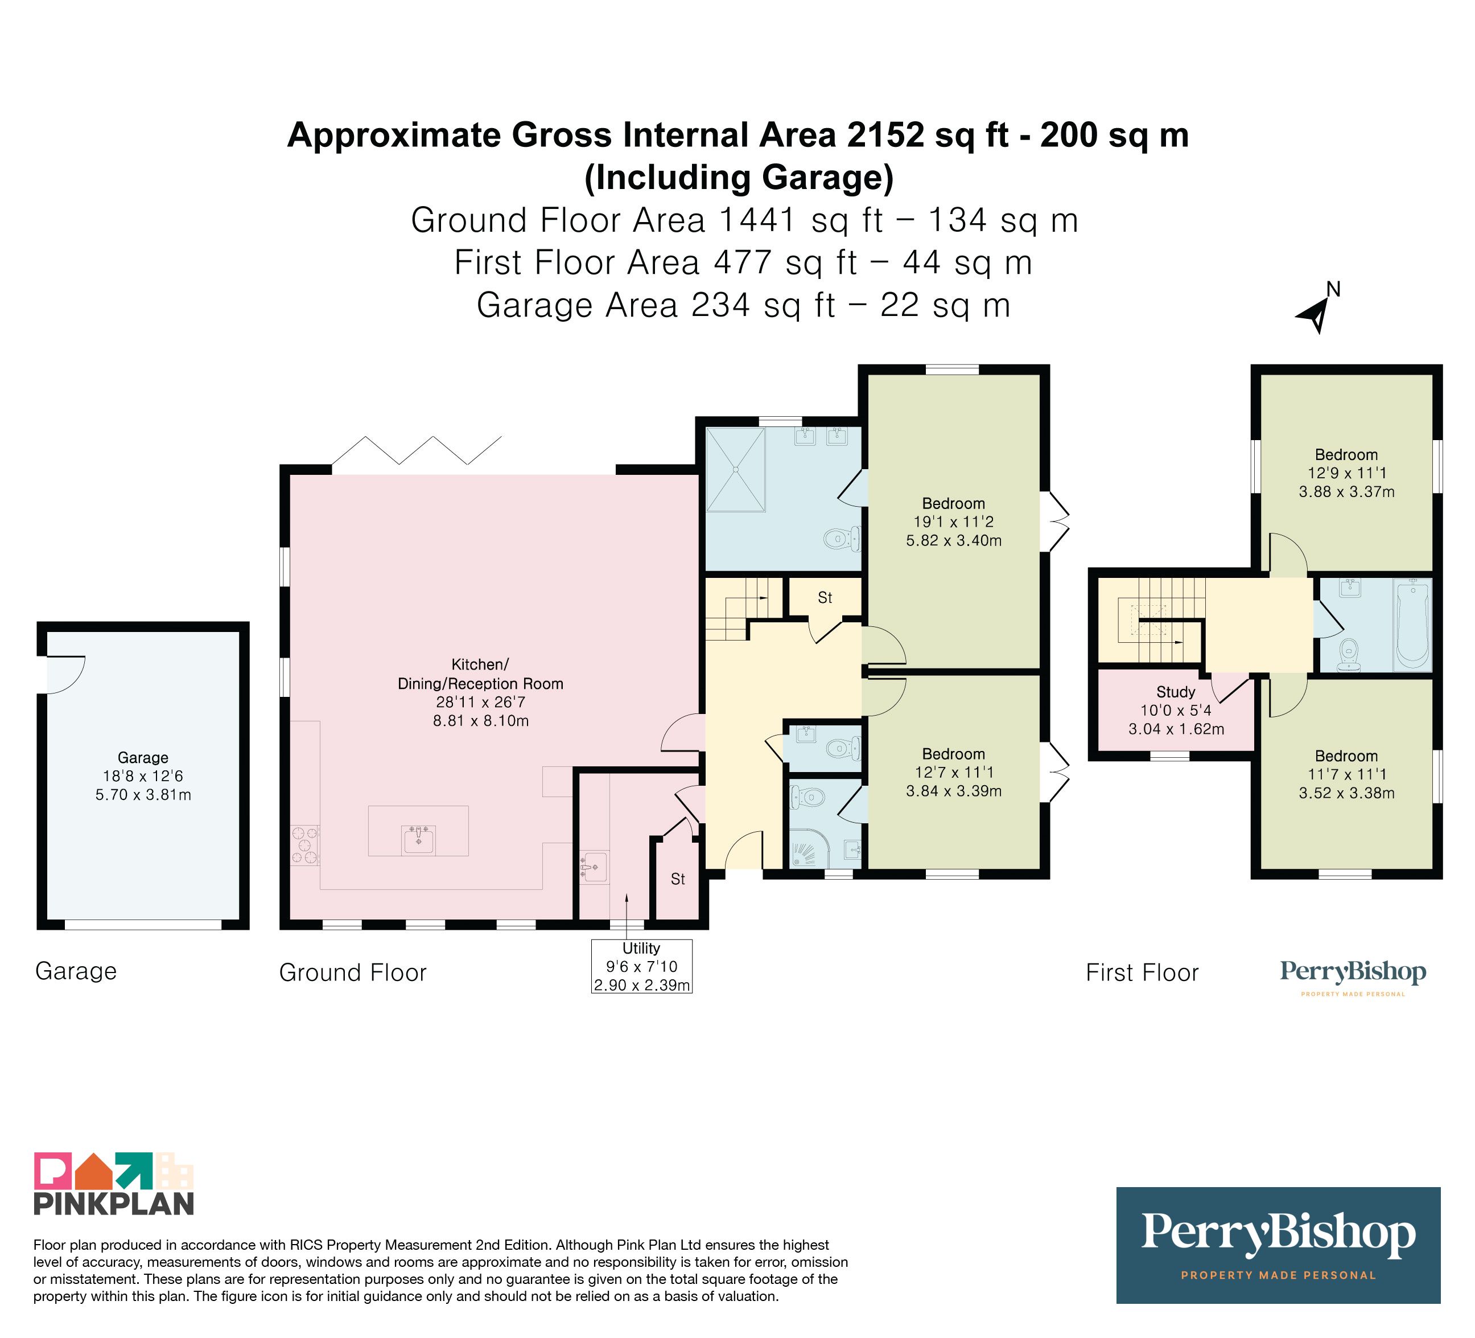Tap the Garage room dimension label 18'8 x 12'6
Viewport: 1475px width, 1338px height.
point(143,776)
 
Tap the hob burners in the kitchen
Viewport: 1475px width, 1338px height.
point(305,845)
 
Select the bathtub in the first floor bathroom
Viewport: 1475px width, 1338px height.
point(1412,625)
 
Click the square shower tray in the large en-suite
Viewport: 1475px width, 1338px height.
point(735,469)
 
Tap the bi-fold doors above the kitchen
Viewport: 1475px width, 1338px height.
point(417,451)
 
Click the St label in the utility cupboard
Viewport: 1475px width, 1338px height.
point(678,879)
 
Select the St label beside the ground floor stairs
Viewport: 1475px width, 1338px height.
point(825,598)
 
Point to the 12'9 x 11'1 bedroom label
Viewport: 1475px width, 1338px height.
point(1347,473)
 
